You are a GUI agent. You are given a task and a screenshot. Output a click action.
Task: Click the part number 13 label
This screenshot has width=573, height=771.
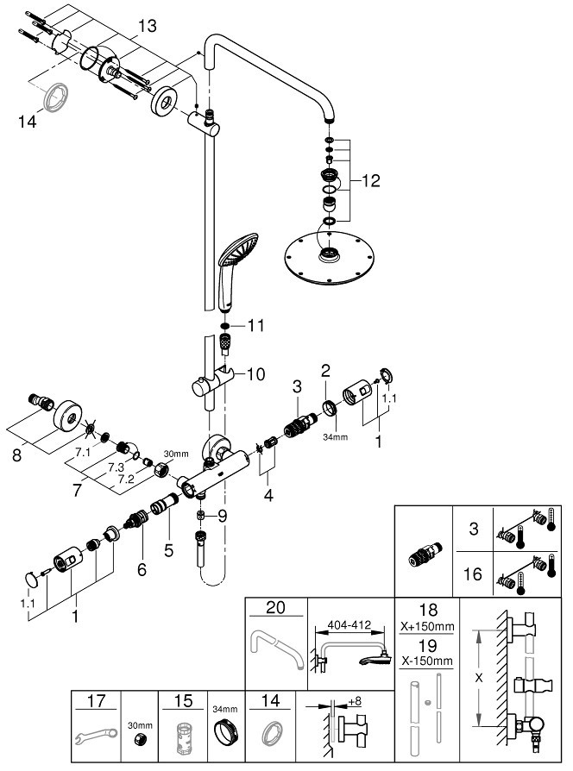[147, 26]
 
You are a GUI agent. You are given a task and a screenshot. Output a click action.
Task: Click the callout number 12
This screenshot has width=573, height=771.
[371, 181]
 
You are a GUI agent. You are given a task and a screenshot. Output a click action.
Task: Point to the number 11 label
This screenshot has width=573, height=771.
[255, 325]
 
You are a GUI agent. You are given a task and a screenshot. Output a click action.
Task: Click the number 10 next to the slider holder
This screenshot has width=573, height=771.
[255, 374]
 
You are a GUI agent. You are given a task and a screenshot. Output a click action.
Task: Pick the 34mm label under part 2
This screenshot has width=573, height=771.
[335, 436]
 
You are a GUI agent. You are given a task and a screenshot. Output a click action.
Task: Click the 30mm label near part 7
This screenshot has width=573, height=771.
[176, 454]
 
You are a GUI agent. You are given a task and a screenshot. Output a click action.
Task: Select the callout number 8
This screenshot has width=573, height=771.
[17, 454]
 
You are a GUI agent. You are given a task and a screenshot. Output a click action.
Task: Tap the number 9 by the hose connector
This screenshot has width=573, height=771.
[223, 516]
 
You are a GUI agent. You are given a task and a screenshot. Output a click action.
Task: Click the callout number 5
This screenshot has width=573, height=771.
[168, 550]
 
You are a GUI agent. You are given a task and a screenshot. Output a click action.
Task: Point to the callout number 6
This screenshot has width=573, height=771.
[142, 569]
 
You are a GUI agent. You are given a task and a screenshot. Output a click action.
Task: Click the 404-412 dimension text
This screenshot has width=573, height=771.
[349, 625]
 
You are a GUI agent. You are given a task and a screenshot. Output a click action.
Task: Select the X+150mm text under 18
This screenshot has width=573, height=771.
[427, 627]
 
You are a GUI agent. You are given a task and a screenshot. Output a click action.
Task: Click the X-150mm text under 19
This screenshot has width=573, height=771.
[427, 661]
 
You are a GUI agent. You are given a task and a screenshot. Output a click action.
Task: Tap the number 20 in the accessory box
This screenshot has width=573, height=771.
[275, 608]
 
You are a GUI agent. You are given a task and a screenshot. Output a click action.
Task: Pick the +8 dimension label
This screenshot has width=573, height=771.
[355, 701]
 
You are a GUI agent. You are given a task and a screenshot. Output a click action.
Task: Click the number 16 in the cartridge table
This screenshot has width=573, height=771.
[473, 574]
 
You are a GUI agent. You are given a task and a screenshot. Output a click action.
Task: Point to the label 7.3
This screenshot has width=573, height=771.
[116, 467]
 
